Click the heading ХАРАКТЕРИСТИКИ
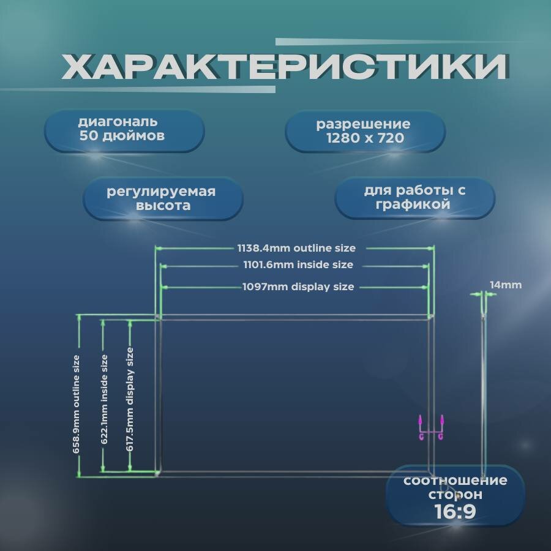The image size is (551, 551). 285,67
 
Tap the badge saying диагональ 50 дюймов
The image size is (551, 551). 124,130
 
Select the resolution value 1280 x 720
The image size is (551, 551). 365,138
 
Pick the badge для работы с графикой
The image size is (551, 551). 414,198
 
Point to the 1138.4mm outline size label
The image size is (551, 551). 296,248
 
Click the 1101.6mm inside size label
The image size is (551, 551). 296,265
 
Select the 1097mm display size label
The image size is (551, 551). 298,287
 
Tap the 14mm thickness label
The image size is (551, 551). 506,285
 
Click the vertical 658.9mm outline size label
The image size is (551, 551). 77,404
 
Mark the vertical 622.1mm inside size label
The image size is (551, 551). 104,399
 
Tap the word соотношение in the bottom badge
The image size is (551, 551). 455,481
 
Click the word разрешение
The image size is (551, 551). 363,124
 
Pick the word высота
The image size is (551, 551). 164,206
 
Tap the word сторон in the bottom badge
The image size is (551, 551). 455,495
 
